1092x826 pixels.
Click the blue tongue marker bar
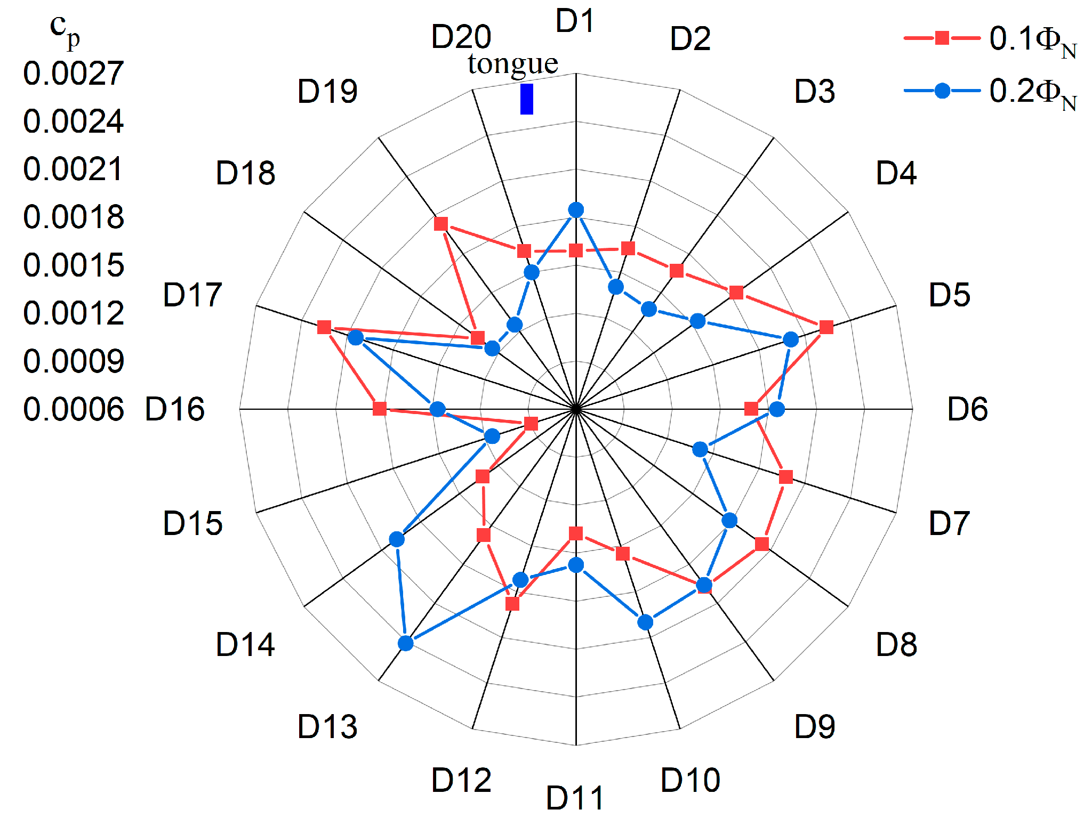click(526, 99)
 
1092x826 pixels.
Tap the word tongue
click(513, 64)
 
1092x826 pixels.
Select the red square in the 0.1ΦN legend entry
click(942, 38)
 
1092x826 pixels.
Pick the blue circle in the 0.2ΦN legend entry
click(942, 91)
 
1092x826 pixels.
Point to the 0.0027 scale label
click(74, 73)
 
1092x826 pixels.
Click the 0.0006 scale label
click(74, 409)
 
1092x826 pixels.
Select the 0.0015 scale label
click(74, 265)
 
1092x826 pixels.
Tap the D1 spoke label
click(575, 21)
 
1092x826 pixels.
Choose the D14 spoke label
click(245, 644)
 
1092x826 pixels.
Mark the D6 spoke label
click(967, 409)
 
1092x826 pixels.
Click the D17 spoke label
click(192, 295)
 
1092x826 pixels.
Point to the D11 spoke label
click(575, 798)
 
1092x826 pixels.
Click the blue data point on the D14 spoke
click(406, 643)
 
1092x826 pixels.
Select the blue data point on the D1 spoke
click(576, 210)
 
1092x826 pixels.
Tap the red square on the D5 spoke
click(826, 327)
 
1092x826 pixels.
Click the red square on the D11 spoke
click(576, 533)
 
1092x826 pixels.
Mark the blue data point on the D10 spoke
click(645, 622)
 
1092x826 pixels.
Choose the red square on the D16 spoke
click(380, 409)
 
